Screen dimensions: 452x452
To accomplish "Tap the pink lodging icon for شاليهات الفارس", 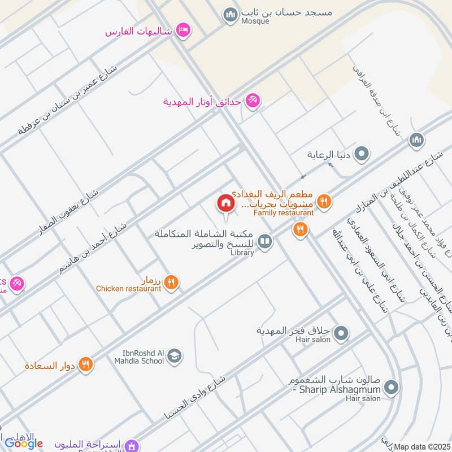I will click(x=182, y=30).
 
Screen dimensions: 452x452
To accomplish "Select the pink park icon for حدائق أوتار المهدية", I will click(x=253, y=101).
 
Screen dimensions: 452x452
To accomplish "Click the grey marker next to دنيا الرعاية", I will click(x=362, y=153).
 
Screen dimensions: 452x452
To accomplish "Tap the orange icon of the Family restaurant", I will click(x=323, y=200).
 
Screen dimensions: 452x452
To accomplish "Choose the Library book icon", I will click(x=264, y=242).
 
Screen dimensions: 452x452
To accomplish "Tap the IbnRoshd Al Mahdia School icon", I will click(x=175, y=355).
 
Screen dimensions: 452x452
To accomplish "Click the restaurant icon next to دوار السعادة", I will click(x=86, y=364).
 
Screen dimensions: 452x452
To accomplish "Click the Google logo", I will click(x=24, y=443).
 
